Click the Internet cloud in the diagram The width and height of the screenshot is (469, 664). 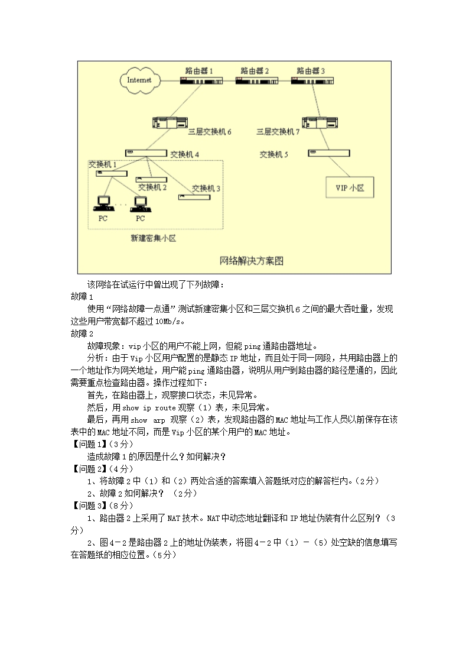pos(139,80)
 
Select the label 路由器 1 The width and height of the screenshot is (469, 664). pos(198,70)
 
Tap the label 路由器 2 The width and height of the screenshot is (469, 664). pos(255,70)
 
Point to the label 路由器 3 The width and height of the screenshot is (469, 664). pos(311,70)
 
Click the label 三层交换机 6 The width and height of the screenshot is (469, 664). pos(210,132)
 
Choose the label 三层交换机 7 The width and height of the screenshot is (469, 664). pos(278,132)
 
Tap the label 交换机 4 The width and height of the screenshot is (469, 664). pos(184,154)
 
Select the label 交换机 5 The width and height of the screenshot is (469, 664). pos(274,154)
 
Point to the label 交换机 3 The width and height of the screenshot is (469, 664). pos(206,188)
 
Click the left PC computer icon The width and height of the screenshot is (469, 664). pos(103,203)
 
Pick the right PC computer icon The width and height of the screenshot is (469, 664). pos(140,203)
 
